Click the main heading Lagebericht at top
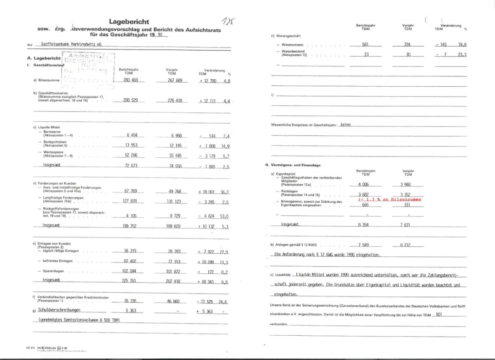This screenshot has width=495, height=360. coord(129,22)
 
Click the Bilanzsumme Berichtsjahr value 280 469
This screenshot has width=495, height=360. coord(130,80)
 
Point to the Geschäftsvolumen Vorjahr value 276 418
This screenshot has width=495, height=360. coord(174,100)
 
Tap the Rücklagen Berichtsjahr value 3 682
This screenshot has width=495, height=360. coord(363,194)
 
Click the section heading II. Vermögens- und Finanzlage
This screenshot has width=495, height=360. coord(293,165)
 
